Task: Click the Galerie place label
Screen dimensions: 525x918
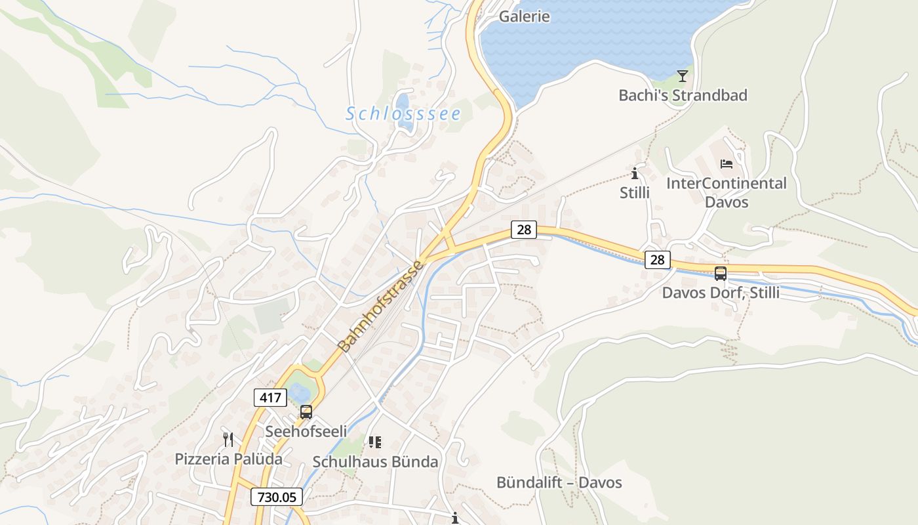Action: tap(525, 16)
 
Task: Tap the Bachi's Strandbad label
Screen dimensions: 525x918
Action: tap(683, 95)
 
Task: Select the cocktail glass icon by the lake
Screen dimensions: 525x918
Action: tap(683, 76)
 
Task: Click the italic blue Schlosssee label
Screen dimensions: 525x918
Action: tap(403, 114)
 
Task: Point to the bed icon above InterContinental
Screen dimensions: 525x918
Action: tap(727, 163)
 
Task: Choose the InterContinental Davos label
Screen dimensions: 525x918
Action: tap(726, 192)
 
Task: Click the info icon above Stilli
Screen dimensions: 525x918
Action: tap(635, 173)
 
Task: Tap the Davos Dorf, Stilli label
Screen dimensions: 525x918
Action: tap(721, 293)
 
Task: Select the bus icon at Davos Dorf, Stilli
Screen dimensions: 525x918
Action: tap(721, 274)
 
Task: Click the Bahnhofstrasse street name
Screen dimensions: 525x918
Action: tap(381, 306)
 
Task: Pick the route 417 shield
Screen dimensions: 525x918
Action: tap(270, 397)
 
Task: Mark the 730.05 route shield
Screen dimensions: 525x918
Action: tap(277, 497)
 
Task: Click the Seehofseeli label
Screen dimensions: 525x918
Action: tap(306, 431)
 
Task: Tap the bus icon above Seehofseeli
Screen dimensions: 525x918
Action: tap(306, 412)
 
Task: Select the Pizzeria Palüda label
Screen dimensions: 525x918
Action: tap(228, 459)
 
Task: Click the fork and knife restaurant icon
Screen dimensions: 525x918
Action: tap(228, 440)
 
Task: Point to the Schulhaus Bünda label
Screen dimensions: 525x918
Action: tap(375, 461)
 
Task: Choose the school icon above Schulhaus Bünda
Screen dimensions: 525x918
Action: tap(375, 442)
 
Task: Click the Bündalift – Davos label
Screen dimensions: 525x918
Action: tap(559, 482)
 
